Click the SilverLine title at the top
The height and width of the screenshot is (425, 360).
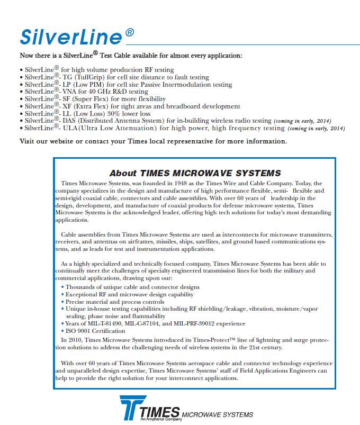pyautogui.click(x=71, y=35)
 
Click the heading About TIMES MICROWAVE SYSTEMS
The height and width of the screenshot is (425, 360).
pyautogui.click(x=195, y=173)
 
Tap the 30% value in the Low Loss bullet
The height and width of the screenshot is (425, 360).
pyautogui.click(x=119, y=113)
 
